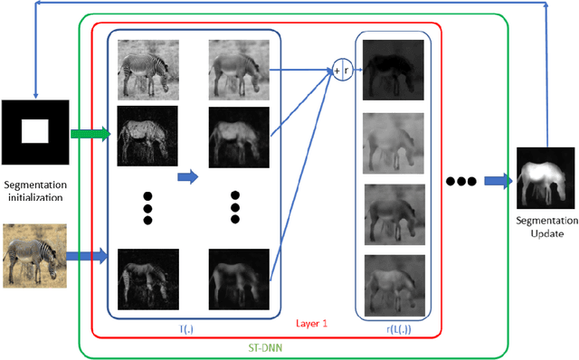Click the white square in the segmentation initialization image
tap(33, 133)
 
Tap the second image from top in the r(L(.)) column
tap(392, 142)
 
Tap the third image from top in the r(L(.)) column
tap(392, 214)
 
